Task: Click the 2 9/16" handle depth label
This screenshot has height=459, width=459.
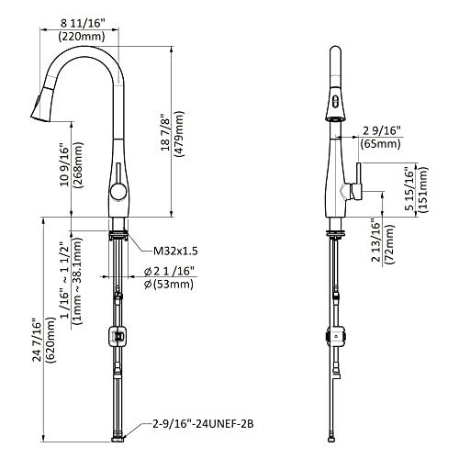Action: [x=380, y=129]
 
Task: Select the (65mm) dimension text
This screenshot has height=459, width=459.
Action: [x=380, y=144]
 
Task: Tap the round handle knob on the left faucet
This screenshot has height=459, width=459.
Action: [x=117, y=191]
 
